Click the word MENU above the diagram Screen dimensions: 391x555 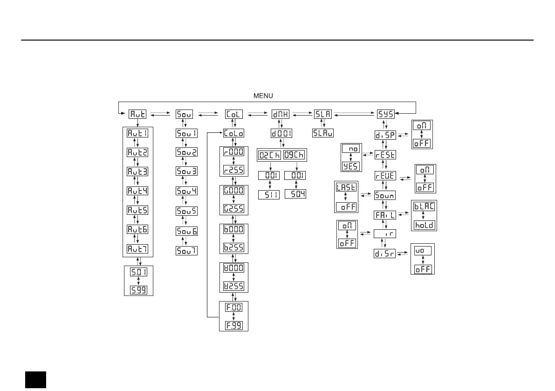click(x=263, y=96)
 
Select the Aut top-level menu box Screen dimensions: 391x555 click(x=137, y=114)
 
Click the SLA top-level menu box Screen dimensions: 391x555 click(x=323, y=114)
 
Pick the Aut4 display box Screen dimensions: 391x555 click(x=137, y=191)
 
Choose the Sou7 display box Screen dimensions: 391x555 click(x=186, y=250)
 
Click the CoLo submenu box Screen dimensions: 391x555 click(x=233, y=133)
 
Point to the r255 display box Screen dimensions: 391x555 click(x=233, y=169)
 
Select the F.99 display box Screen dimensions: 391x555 click(x=233, y=325)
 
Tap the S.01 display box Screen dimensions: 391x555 click(x=137, y=272)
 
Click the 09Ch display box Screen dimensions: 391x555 click(x=295, y=154)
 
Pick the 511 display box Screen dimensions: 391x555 click(x=269, y=194)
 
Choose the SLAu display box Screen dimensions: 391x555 click(x=323, y=133)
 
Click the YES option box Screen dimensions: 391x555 click(x=350, y=166)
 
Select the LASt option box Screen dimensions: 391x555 click(x=346, y=187)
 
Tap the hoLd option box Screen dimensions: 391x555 click(x=424, y=225)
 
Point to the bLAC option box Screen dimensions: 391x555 click(x=424, y=206)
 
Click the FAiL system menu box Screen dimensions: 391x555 click(x=385, y=215)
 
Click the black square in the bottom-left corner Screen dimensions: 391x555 click(x=35, y=379)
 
